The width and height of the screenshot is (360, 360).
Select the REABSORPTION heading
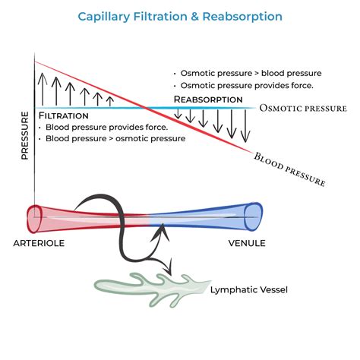click(x=208, y=99)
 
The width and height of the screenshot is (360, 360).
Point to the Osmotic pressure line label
click(x=302, y=109)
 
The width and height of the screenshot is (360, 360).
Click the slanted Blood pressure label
click(x=289, y=168)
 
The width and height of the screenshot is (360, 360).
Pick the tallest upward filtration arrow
click(x=43, y=88)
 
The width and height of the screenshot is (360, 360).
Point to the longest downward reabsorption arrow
click(x=245, y=125)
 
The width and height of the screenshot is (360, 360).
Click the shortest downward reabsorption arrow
click(x=178, y=114)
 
